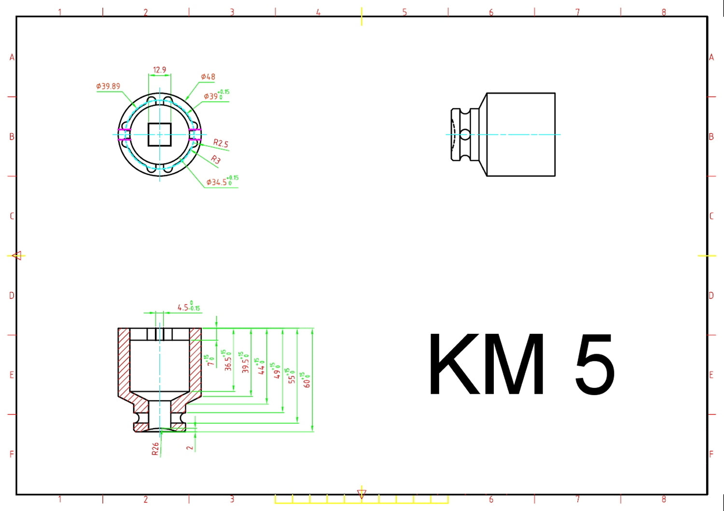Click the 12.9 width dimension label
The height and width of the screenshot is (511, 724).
(159, 70)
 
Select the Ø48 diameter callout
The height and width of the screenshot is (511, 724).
(208, 77)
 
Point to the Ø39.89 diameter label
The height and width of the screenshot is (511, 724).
(108, 86)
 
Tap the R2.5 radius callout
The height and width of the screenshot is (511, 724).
(221, 143)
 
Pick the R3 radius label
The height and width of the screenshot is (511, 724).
(216, 160)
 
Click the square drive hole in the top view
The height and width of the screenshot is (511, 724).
(159, 134)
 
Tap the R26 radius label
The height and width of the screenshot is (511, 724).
(155, 449)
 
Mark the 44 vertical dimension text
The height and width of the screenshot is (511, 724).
(261, 367)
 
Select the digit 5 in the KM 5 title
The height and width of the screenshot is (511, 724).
(595, 364)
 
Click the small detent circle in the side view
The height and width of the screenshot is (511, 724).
(464, 134)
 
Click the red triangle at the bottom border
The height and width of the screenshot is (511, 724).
(362, 494)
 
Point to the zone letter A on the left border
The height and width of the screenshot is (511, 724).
(12, 57)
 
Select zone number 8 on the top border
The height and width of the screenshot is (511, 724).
(664, 12)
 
